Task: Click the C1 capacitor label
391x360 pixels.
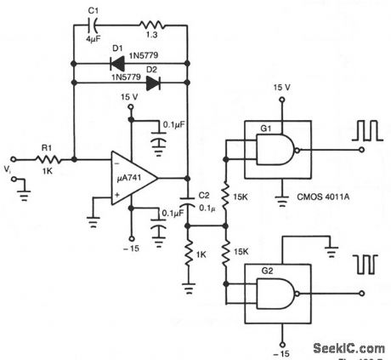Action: (x=94, y=13)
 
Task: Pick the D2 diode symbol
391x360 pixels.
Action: (x=154, y=83)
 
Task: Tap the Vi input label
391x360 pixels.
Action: (x=8, y=170)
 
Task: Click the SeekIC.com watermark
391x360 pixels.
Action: (x=349, y=347)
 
